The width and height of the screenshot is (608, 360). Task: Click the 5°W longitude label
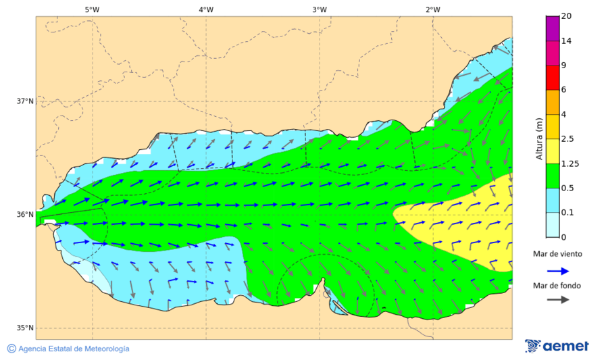92,9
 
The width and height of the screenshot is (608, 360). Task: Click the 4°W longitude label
205,9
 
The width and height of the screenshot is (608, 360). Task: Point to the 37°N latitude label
25,101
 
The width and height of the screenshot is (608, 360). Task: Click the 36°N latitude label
25,215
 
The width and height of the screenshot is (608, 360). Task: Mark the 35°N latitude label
25,328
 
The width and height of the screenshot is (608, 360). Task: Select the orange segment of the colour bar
553,102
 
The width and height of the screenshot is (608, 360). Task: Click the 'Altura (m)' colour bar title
539,138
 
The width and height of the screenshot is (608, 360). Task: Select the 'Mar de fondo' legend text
557,285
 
